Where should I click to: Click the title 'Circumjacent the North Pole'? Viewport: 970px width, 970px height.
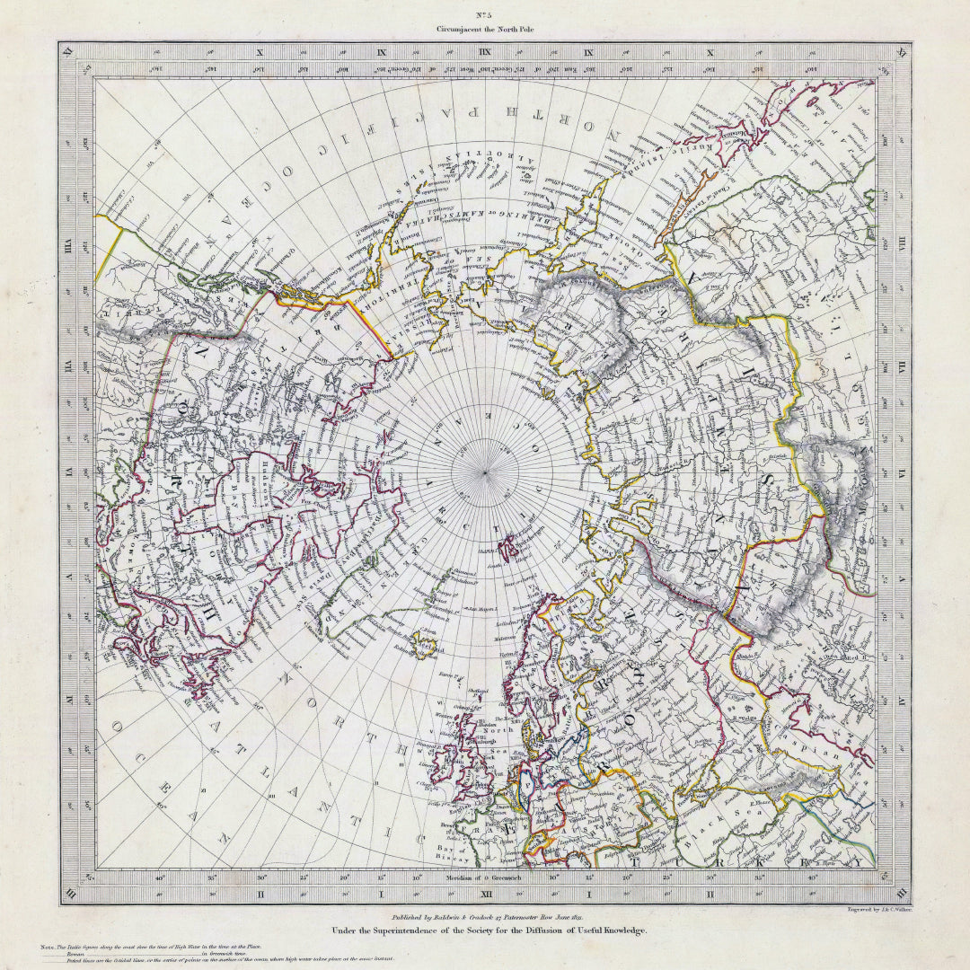coord(485,29)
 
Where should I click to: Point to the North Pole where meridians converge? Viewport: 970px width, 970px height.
coord(485,472)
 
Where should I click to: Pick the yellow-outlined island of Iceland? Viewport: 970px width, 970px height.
coord(423,644)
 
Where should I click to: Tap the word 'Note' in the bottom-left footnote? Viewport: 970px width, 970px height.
coord(48,948)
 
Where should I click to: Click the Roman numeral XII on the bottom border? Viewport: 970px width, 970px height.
coord(485,895)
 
